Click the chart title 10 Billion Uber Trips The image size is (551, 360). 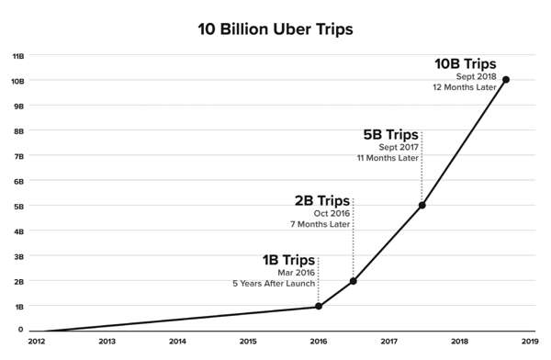[275, 28]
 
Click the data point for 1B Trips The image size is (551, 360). [319, 306]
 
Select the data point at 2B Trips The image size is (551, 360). [354, 281]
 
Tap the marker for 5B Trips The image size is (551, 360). [422, 205]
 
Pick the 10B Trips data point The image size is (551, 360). [506, 80]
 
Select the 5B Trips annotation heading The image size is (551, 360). [390, 134]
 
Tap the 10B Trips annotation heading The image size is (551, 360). [466, 63]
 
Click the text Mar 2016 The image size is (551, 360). [298, 273]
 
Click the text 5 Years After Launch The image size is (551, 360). [275, 284]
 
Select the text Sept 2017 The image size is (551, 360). [399, 147]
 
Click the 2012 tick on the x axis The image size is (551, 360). [37, 341]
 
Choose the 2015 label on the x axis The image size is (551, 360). [248, 341]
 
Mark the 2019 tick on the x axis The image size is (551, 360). [530, 341]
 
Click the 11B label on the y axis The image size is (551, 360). [17, 56]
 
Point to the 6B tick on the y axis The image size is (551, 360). [18, 181]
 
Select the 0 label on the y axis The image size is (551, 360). [21, 330]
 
